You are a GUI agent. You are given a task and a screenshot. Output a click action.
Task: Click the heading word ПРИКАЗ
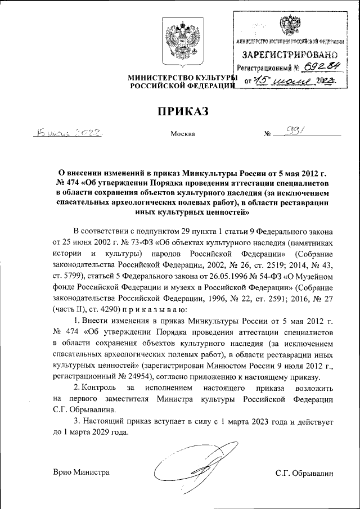pyautogui.click(x=180, y=111)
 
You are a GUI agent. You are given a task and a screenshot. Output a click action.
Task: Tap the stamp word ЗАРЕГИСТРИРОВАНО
pyautogui.click(x=290, y=55)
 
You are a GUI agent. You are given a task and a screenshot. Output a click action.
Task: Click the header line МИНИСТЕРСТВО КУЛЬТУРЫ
pyautogui.click(x=180, y=76)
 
